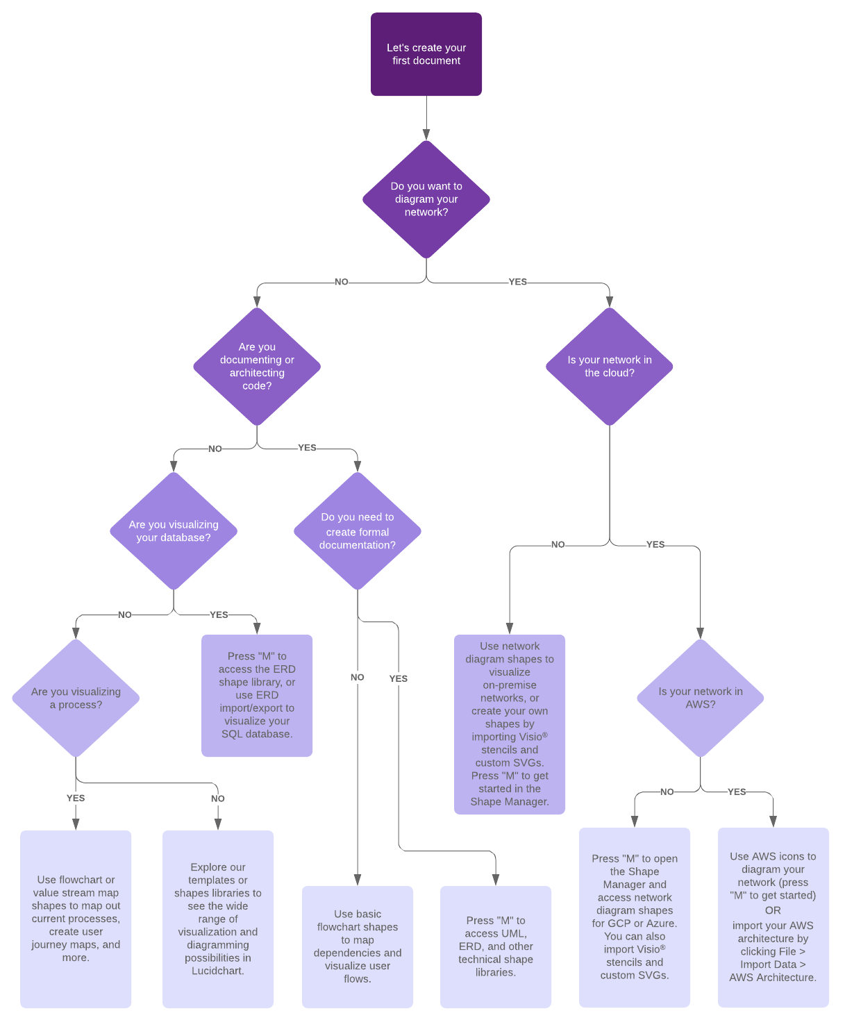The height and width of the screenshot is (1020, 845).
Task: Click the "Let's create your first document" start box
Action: (426, 54)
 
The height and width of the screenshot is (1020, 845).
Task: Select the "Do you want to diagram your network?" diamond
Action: (426, 199)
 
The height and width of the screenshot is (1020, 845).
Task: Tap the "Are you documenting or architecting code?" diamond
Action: (257, 366)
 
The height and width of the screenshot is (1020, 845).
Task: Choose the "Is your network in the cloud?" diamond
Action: (609, 366)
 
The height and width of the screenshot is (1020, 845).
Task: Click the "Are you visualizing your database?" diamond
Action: (174, 531)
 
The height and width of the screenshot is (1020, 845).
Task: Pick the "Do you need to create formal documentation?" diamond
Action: (357, 531)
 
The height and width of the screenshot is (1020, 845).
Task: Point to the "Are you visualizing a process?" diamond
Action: (76, 698)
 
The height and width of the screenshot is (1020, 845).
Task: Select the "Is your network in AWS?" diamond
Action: (700, 698)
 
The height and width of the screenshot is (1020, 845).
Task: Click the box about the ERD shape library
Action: (257, 695)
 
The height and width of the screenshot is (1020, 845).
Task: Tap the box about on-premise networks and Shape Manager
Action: (510, 724)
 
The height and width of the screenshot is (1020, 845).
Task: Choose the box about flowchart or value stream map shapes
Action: (76, 918)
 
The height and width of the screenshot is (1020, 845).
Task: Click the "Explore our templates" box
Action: (218, 918)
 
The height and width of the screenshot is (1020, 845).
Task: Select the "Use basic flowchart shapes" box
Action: (357, 946)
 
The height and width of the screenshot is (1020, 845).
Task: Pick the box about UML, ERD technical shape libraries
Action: (496, 946)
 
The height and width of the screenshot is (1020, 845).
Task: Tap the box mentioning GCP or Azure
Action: (635, 917)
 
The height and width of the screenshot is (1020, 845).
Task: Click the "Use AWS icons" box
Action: (773, 917)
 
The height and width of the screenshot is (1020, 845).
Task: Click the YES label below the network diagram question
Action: (517, 282)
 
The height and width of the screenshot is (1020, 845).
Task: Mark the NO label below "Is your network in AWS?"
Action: (667, 792)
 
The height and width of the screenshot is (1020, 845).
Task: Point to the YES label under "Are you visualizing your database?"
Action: (219, 614)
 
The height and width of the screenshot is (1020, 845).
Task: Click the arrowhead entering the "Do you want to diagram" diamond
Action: (426, 135)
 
